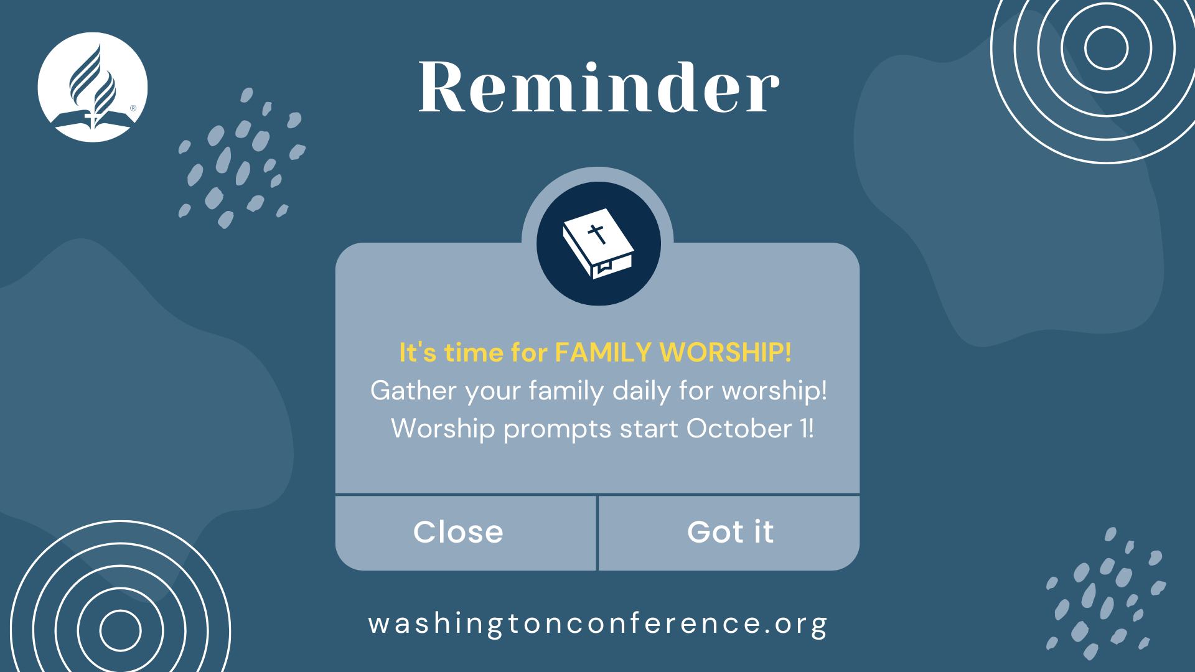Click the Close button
(458, 533)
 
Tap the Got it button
(730, 533)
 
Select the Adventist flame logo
(93, 87)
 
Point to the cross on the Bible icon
(597, 234)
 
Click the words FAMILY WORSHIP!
(673, 353)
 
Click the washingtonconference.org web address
(598, 623)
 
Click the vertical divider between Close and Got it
(597, 533)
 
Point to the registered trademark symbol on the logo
(133, 108)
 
